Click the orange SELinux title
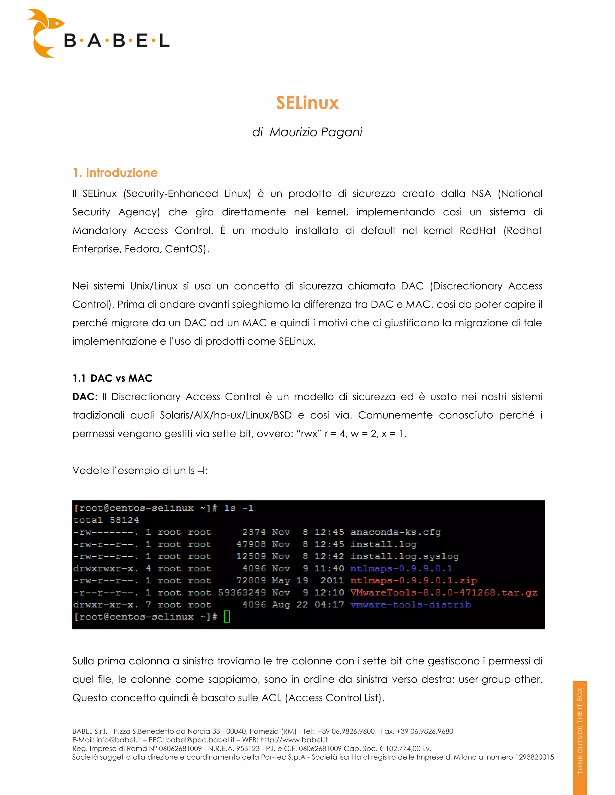(x=307, y=103)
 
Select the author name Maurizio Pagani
(x=316, y=132)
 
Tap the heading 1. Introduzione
(x=115, y=172)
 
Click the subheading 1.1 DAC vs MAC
(x=112, y=378)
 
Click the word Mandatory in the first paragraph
(x=99, y=231)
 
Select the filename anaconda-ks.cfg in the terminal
(x=395, y=532)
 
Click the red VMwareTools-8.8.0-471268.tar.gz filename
(x=444, y=592)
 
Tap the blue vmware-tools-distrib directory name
(x=410, y=604)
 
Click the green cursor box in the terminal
(x=227, y=616)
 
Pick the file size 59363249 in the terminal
(x=242, y=592)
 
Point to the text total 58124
(x=106, y=520)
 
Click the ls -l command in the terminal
(x=239, y=508)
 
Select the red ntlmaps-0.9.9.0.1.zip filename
(x=414, y=580)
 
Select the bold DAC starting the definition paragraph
(x=83, y=397)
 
